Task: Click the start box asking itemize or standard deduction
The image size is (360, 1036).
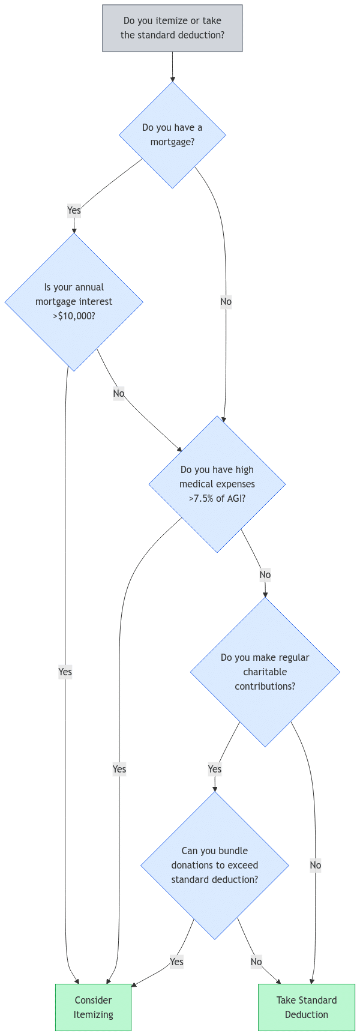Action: click(172, 28)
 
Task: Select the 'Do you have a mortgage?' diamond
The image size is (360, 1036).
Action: click(172, 135)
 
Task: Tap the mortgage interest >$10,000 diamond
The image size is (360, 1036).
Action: click(74, 302)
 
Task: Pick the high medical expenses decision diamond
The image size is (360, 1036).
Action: click(217, 484)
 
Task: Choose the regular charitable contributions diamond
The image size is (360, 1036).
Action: click(265, 672)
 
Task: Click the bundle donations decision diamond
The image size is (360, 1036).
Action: click(215, 866)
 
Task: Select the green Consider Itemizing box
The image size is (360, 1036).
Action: click(93, 1007)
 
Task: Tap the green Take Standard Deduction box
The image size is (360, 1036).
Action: click(307, 1007)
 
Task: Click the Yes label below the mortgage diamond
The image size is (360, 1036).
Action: click(74, 210)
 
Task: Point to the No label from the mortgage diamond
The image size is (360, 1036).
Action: click(226, 302)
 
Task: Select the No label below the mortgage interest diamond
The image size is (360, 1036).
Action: click(119, 394)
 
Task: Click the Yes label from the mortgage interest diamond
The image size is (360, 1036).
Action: click(65, 672)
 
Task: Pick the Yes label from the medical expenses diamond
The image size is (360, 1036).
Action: click(119, 769)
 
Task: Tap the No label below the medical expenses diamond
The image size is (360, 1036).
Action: click(265, 575)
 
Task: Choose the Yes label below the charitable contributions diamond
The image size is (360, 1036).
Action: click(215, 769)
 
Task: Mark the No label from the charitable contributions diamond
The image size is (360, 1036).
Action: click(316, 866)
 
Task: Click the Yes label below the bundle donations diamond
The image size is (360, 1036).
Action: click(176, 962)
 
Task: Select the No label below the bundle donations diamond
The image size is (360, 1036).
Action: click(256, 962)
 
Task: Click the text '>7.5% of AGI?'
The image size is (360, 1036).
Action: click(217, 499)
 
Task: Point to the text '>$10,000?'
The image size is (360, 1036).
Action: click(74, 316)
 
